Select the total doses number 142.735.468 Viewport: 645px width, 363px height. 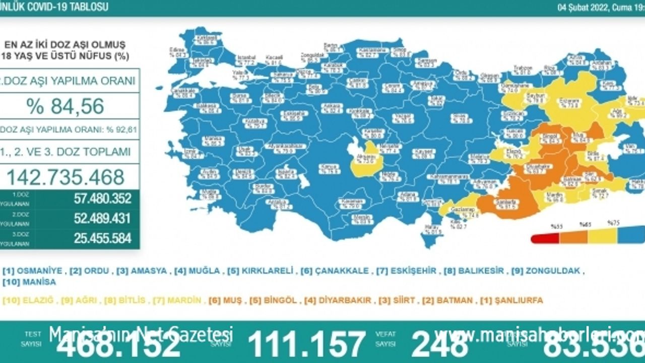click(66, 177)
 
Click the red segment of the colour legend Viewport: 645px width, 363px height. click(545, 238)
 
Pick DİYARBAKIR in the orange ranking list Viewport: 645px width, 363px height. click(350, 300)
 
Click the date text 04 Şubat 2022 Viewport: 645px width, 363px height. click(585, 8)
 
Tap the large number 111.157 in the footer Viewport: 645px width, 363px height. click(306, 345)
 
